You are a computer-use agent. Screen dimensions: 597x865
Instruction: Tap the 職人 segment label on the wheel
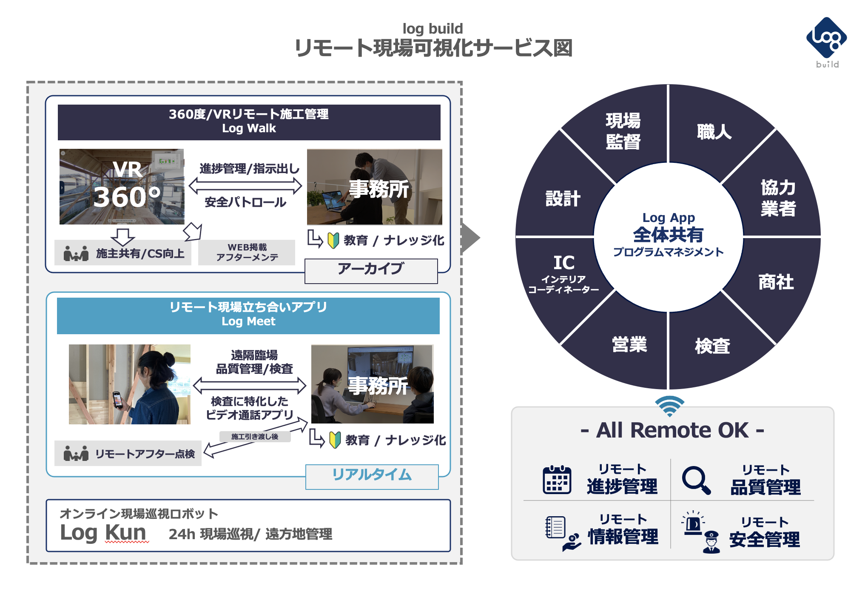(x=714, y=132)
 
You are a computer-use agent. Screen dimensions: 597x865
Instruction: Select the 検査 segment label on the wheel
(x=712, y=346)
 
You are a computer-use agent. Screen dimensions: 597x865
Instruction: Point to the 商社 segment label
(x=776, y=282)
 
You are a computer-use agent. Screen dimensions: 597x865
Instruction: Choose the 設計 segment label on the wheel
(x=563, y=199)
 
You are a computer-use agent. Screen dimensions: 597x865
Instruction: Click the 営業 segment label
(x=629, y=344)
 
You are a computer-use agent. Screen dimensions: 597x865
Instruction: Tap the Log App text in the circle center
(x=669, y=218)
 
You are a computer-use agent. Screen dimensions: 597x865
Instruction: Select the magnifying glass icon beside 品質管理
(x=696, y=480)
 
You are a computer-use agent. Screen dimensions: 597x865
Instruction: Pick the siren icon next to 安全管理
(x=693, y=523)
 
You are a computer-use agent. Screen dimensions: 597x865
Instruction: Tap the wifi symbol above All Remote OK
(x=669, y=406)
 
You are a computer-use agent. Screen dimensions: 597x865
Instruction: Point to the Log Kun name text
(x=103, y=532)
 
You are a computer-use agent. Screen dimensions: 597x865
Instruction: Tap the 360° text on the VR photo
(x=127, y=197)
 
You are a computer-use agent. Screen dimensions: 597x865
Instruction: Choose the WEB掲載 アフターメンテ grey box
(x=247, y=253)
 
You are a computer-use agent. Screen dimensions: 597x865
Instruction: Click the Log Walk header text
(x=249, y=128)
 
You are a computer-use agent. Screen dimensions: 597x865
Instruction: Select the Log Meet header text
(x=248, y=321)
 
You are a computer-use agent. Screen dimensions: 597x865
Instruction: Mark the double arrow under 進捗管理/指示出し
(x=245, y=185)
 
